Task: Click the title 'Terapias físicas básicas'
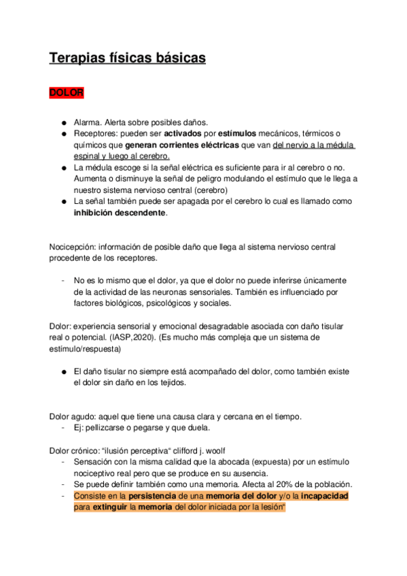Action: (127, 59)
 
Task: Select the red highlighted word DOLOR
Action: (66, 92)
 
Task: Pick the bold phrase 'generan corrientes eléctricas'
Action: (182, 145)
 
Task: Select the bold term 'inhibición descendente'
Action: (120, 212)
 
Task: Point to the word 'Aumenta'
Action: (92, 178)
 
